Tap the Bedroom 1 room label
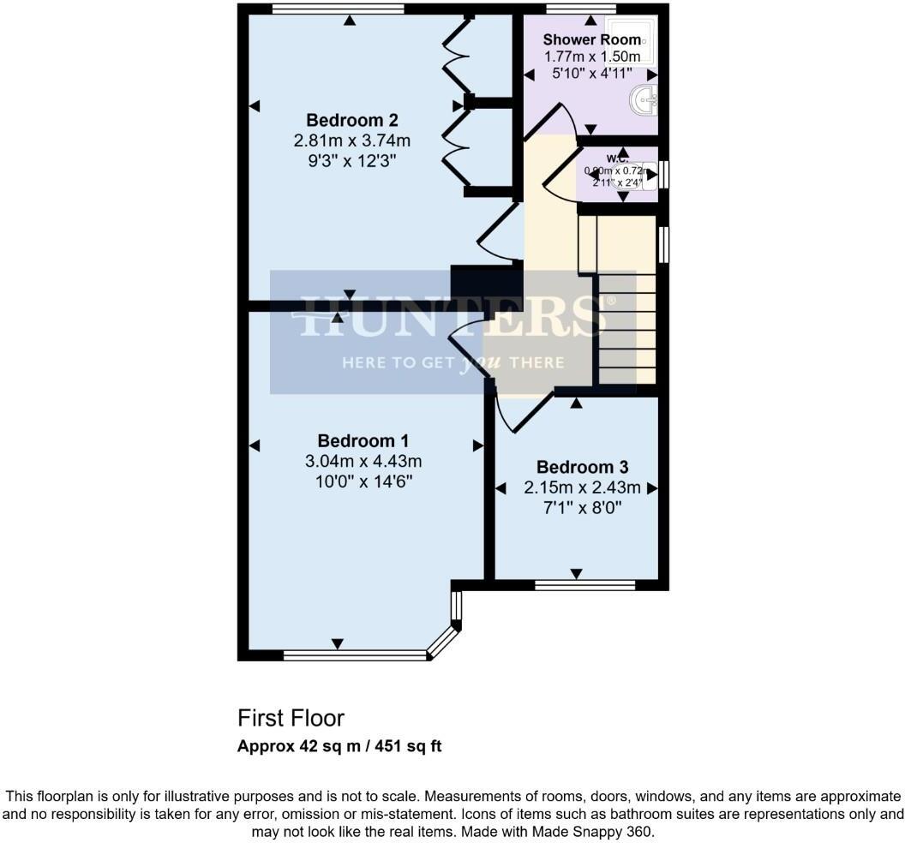pos(363,441)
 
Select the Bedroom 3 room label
pos(583,467)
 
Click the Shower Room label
pos(591,39)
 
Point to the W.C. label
pos(618,158)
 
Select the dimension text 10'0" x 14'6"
pos(364,481)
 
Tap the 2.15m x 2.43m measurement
pos(583,487)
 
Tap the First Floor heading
pos(291,718)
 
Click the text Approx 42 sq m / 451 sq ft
pos(339,746)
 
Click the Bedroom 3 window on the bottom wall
pos(584,586)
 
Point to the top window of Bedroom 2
pos(338,9)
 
